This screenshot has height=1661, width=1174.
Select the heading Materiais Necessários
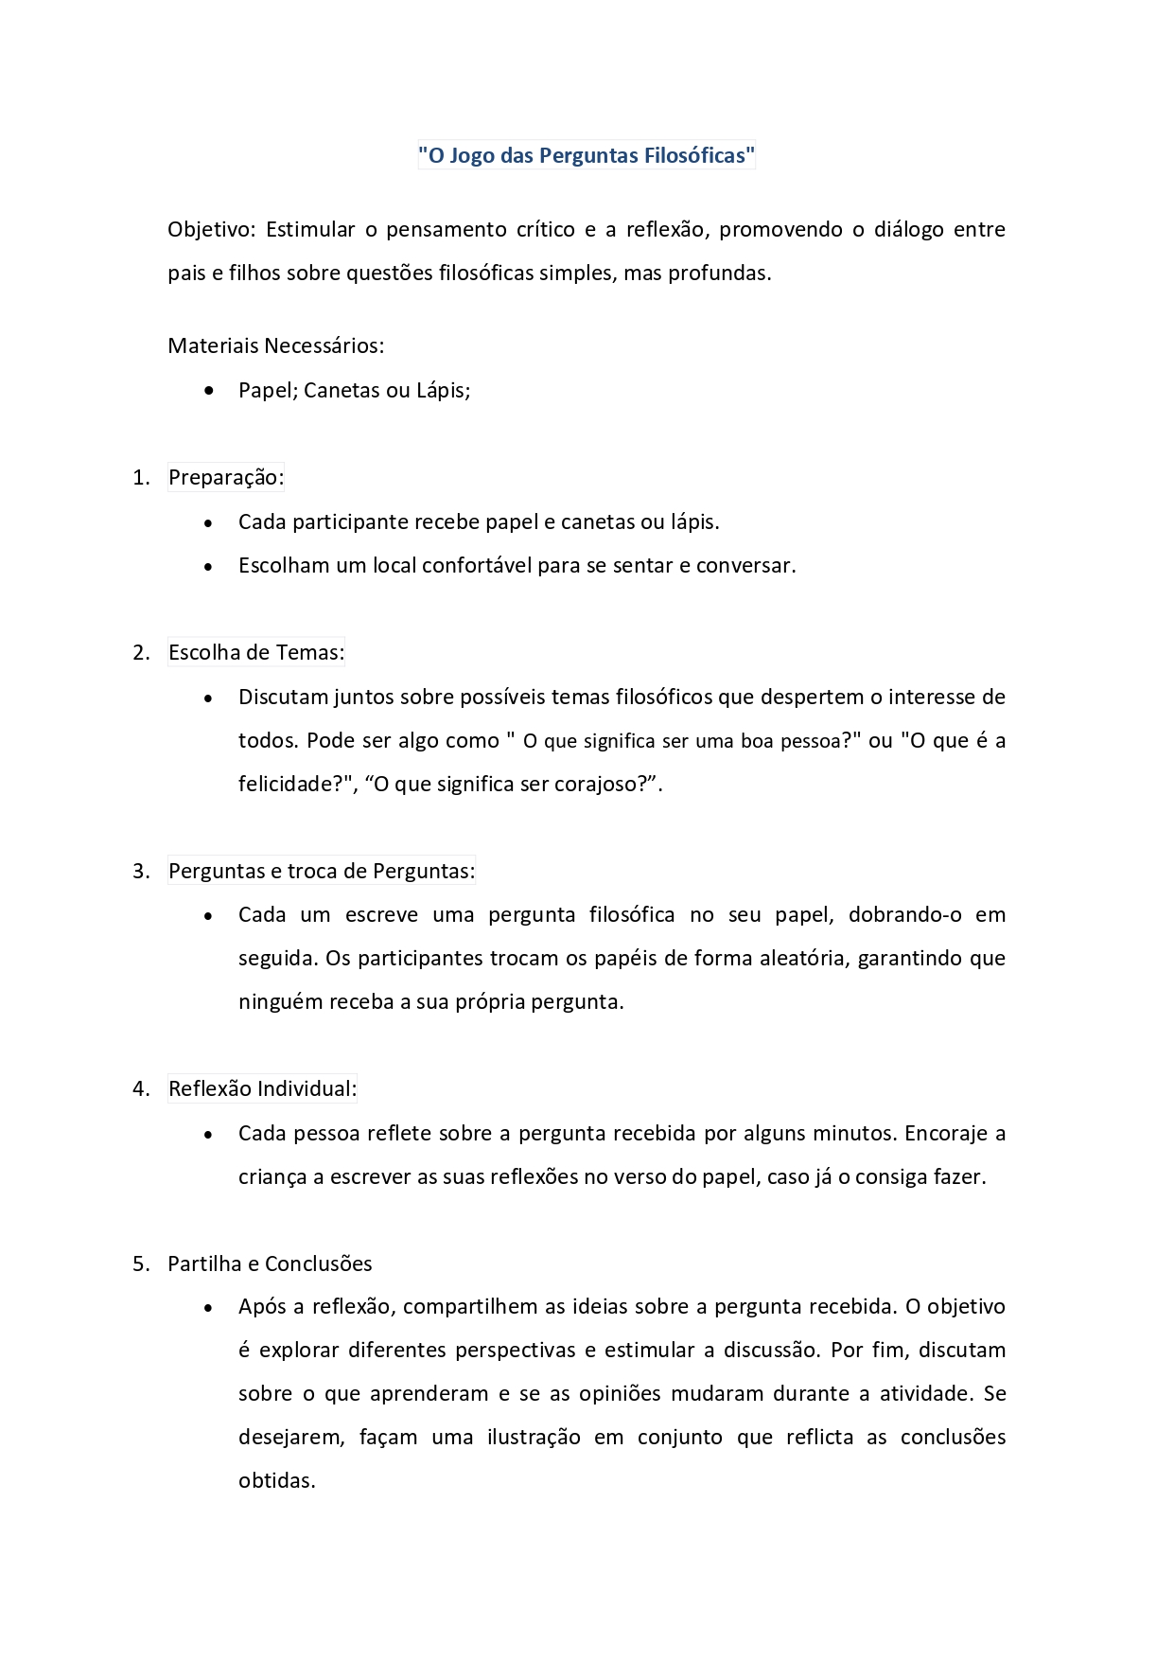(275, 346)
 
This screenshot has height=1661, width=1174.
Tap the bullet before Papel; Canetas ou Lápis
(209, 391)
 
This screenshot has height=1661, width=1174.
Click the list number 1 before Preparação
(141, 478)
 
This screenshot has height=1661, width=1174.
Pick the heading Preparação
(225, 478)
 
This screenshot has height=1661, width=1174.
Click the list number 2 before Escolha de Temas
(141, 653)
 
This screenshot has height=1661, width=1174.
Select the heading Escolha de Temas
(255, 653)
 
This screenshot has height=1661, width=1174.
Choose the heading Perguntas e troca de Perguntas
(322, 872)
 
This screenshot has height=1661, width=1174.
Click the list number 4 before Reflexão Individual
(141, 1089)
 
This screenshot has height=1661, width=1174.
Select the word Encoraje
(946, 1134)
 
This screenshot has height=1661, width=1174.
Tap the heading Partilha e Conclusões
(270, 1264)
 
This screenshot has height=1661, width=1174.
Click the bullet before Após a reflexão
(209, 1308)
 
